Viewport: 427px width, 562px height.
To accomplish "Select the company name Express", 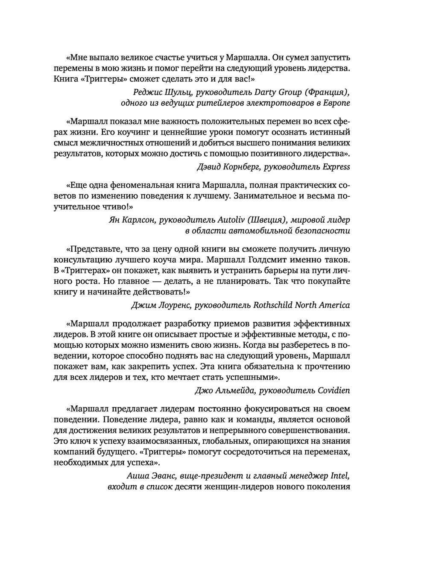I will point(335,167).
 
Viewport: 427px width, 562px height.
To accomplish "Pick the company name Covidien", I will point(333,390).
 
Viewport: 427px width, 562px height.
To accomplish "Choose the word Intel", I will point(342,475).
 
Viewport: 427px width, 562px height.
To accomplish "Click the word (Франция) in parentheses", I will point(327,92).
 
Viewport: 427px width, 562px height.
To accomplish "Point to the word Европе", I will point(337,103).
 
